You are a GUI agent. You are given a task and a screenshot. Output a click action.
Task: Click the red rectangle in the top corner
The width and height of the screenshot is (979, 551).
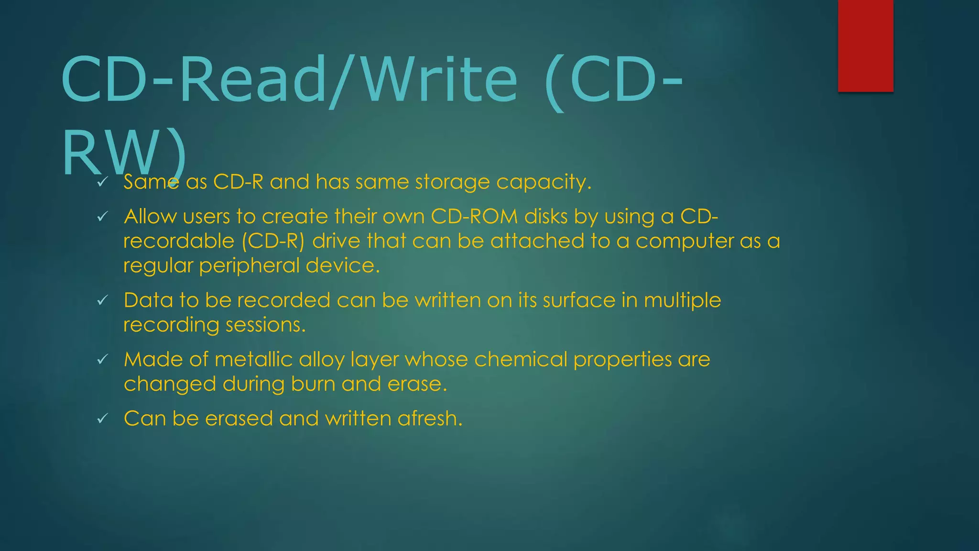865,45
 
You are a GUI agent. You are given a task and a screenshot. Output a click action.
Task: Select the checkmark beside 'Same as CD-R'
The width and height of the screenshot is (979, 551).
102,182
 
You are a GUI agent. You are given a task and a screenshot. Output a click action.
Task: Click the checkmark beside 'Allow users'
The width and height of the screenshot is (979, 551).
102,217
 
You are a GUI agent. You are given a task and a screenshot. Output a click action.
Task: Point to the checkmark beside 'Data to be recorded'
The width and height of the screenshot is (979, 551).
102,300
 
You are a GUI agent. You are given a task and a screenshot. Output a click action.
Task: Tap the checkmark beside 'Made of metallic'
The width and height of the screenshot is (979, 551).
102,359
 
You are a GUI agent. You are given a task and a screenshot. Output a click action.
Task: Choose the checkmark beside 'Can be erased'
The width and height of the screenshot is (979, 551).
102,419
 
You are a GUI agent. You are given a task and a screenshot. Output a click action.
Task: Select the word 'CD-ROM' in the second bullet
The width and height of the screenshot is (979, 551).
474,217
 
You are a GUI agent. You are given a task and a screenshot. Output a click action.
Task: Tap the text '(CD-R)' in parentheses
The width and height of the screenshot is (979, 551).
273,241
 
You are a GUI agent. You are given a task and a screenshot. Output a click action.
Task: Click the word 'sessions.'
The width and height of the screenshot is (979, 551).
265,325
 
